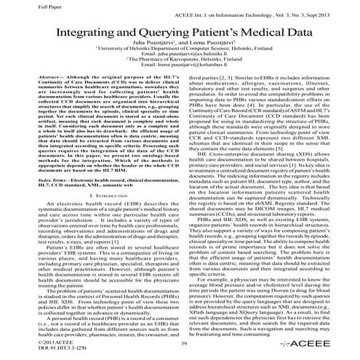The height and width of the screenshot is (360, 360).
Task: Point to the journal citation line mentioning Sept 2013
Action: [281, 15]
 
